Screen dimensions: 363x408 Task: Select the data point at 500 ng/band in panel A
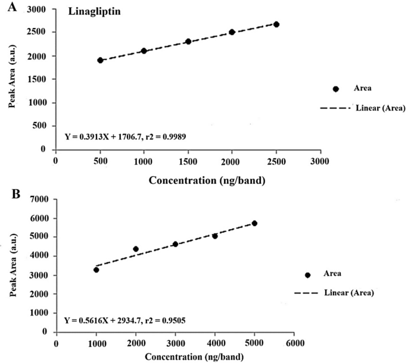coord(100,60)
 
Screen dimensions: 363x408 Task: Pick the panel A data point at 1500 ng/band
coord(188,42)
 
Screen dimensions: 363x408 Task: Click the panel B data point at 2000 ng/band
coord(136,249)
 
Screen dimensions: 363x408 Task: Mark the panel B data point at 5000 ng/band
coord(254,223)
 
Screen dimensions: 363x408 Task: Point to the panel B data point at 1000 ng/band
coord(96,270)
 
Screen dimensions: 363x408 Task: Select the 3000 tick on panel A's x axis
coord(320,160)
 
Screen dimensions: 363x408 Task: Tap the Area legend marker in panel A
coord(335,89)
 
